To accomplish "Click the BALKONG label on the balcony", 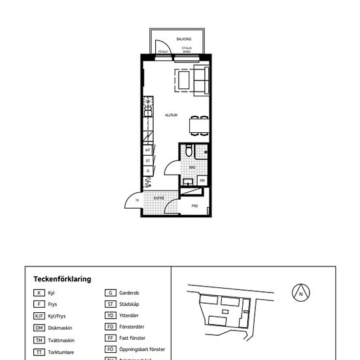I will pyautogui.click(x=174, y=39).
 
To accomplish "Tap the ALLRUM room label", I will pyautogui.click(x=171, y=115).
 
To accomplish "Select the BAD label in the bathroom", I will pyautogui.click(x=192, y=168).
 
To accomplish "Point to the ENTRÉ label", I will pyautogui.click(x=159, y=198).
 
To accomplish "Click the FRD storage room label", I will pyautogui.click(x=194, y=206).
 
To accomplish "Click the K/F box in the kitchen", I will pyautogui.click(x=149, y=150).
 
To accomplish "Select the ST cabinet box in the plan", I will pyautogui.click(x=149, y=160).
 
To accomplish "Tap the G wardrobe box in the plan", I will pyautogui.click(x=149, y=171).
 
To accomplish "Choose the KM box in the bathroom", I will pyautogui.click(x=202, y=181).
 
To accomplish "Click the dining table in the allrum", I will pyautogui.click(x=197, y=124).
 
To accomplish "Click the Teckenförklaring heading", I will pyautogui.click(x=62, y=279).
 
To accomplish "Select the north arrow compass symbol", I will pyautogui.click(x=300, y=293).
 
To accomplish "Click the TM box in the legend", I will pyautogui.click(x=40, y=340).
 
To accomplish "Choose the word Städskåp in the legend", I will pyautogui.click(x=128, y=304).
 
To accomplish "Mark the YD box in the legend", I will pyautogui.click(x=111, y=315).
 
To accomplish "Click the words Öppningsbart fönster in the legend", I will pyautogui.click(x=142, y=350).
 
